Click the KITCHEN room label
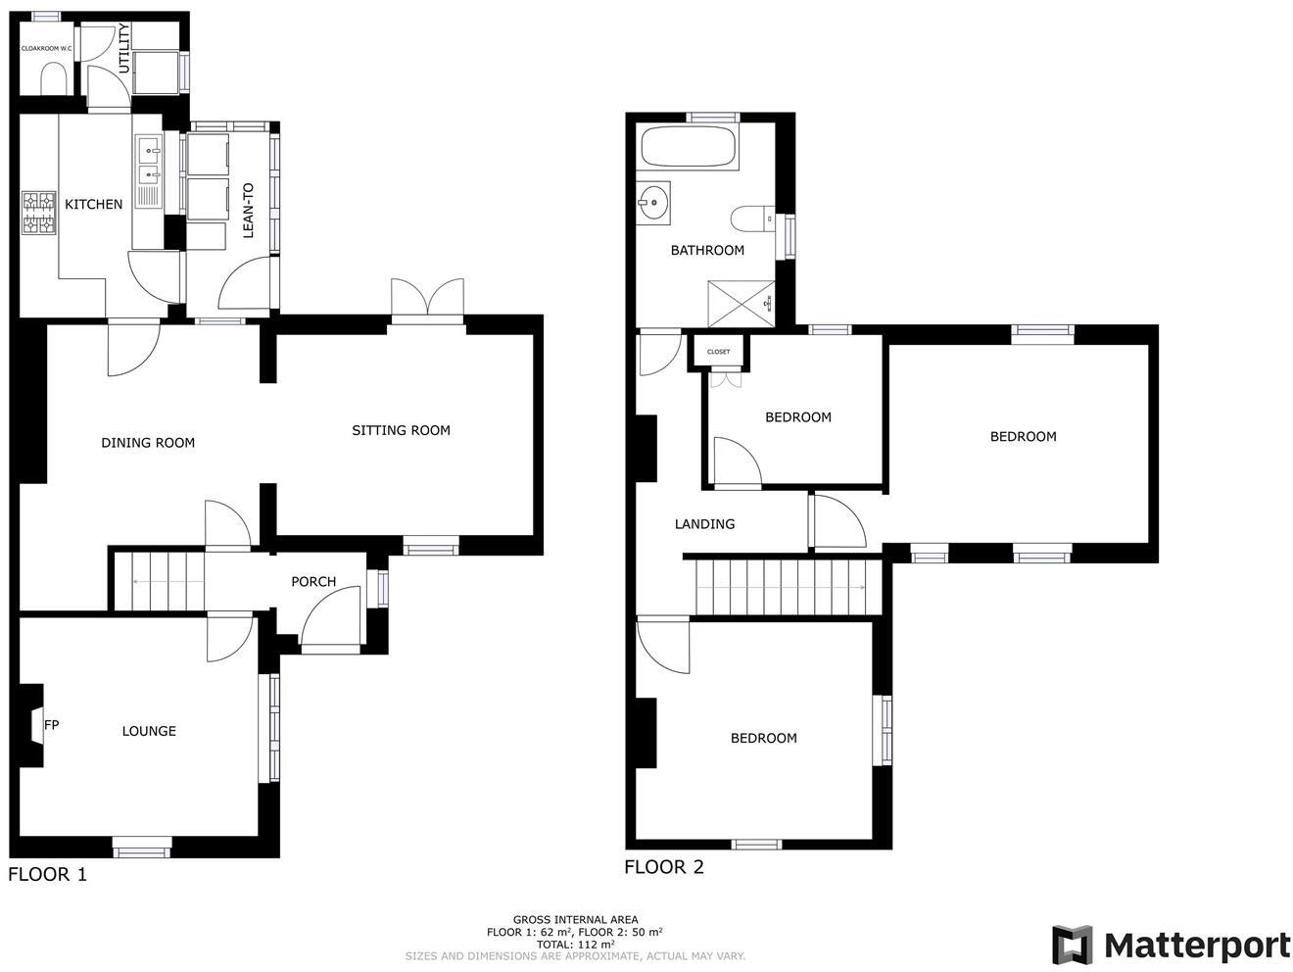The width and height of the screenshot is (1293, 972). (x=94, y=204)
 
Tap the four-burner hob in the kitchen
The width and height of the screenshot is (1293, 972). (x=39, y=213)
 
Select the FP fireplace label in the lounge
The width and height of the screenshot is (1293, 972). (x=52, y=725)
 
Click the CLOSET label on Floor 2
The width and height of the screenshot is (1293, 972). (x=718, y=352)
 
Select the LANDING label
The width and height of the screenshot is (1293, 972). (x=704, y=524)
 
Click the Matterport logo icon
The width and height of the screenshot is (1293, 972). (x=1072, y=945)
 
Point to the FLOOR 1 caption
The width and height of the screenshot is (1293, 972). (x=47, y=875)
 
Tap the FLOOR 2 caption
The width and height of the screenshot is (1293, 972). (x=664, y=867)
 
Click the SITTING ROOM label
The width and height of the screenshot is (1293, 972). (x=401, y=430)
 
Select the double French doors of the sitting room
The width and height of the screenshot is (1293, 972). (x=427, y=298)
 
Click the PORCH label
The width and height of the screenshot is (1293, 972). (x=313, y=582)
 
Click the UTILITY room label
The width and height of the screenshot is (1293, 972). (x=124, y=49)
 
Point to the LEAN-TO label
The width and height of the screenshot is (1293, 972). (x=248, y=210)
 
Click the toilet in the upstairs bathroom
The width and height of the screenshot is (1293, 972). (x=751, y=218)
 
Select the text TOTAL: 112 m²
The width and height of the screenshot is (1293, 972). (x=575, y=945)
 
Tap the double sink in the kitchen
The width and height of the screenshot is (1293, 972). (x=149, y=163)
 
